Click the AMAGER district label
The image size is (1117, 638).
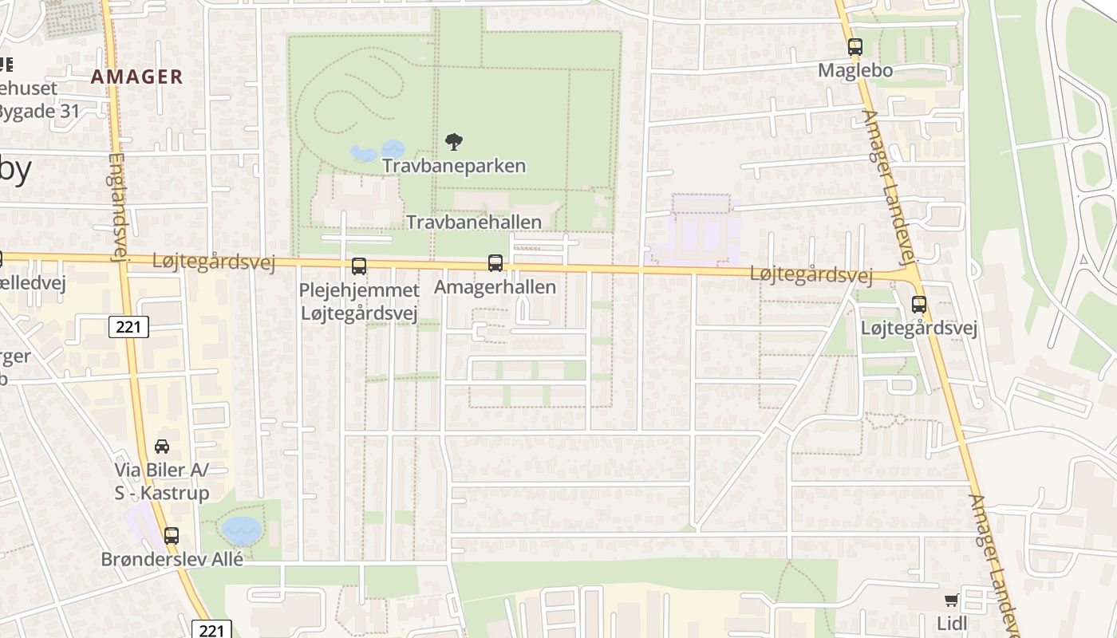point(136,77)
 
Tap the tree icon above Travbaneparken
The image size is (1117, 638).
point(454,143)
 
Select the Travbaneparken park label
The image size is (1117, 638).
point(454,166)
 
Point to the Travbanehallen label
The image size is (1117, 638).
point(474,223)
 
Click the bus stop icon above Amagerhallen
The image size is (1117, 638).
point(495,263)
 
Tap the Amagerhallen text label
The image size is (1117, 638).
point(495,287)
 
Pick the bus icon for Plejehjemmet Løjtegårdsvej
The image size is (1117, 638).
point(359,266)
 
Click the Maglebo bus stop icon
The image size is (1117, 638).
point(855,47)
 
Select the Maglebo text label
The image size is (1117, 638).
point(855,70)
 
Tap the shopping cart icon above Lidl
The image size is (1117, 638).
point(951,600)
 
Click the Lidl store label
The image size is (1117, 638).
point(953,622)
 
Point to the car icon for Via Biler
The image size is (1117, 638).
point(162,447)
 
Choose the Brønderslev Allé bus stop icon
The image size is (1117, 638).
point(172,536)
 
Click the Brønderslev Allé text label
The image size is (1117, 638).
point(172,559)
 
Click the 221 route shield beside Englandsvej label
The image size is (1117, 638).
point(128,326)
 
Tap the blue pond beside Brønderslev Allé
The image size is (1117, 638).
point(241,529)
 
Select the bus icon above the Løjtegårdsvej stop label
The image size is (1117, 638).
point(919,304)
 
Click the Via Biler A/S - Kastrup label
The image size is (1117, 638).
point(162,482)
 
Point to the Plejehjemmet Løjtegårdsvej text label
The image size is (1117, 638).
point(359,301)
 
